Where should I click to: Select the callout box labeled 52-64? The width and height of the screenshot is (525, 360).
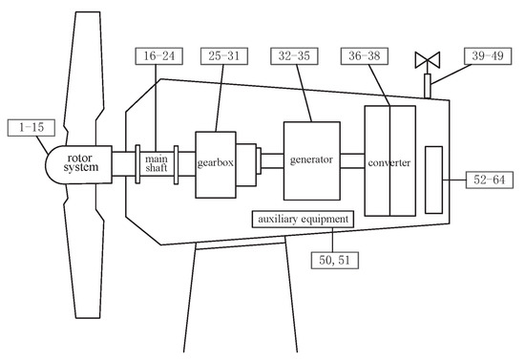point(494,178)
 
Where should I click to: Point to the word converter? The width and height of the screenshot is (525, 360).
point(390,162)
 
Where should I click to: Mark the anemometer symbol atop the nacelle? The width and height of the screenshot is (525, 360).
point(427,61)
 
